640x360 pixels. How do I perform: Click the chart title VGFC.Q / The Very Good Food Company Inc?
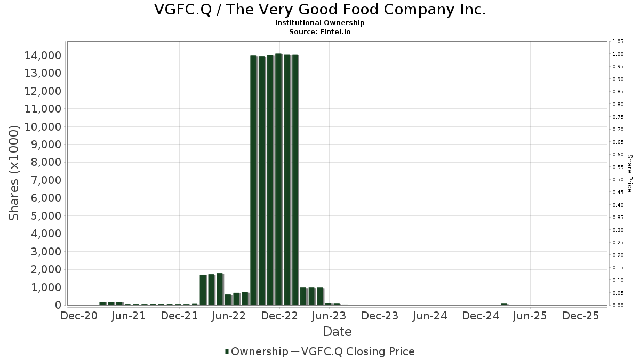pyautogui.click(x=320, y=10)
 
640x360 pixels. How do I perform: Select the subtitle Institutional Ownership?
pyautogui.click(x=320, y=23)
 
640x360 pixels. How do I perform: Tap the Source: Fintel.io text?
pyautogui.click(x=320, y=31)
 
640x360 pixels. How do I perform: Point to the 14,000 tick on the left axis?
pyautogui.click(x=42, y=55)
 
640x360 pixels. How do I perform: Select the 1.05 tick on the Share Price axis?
pyautogui.click(x=618, y=42)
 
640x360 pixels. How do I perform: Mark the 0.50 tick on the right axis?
pyautogui.click(x=618, y=180)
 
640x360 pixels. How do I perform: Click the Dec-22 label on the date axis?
pyautogui.click(x=278, y=316)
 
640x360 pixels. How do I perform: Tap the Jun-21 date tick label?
pyautogui.click(x=128, y=316)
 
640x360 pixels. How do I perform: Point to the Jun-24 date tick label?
pyautogui.click(x=430, y=316)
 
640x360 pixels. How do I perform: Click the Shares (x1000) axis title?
pyautogui.click(x=14, y=173)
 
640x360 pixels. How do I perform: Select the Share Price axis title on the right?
pyautogui.click(x=629, y=173)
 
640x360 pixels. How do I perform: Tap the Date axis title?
pyautogui.click(x=337, y=332)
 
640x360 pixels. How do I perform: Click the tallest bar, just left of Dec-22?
pyautogui.click(x=278, y=179)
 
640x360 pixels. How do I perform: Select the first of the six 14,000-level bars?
pyautogui.click(x=253, y=180)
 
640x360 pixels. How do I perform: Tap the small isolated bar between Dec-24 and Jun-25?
pyautogui.click(x=504, y=305)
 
